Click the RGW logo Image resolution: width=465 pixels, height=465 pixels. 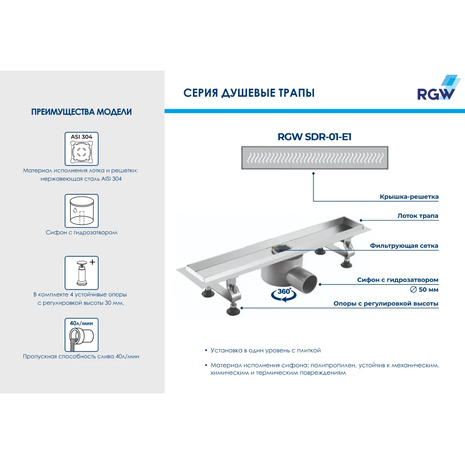point(438,88)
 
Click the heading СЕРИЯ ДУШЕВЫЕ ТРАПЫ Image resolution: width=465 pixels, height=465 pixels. point(249,93)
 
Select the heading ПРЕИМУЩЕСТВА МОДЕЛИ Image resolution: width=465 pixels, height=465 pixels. point(81,112)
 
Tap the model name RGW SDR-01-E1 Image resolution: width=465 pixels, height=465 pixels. point(314,137)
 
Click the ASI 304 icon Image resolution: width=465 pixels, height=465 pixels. point(81,149)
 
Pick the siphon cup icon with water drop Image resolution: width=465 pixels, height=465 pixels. point(81,211)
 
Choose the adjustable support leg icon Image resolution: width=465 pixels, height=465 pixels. point(81,273)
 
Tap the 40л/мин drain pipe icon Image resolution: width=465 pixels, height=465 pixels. point(81,335)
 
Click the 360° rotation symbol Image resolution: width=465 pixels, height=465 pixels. point(284,294)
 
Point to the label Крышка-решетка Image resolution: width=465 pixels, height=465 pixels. point(409,197)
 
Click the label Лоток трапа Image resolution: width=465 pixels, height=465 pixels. point(418,216)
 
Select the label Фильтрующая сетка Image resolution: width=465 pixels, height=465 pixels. point(404,246)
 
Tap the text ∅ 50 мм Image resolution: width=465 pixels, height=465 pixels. point(424,289)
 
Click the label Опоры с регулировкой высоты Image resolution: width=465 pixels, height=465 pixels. point(386,304)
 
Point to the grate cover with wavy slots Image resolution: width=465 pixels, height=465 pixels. point(315,158)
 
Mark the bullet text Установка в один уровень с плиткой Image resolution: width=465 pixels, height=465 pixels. point(266,351)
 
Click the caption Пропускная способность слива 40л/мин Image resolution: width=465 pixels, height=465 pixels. point(81,357)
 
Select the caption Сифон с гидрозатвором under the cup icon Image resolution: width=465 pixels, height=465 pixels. point(81,232)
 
